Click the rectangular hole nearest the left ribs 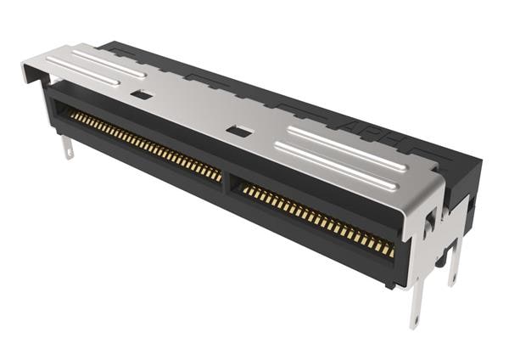(143, 94)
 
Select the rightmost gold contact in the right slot (390, 250)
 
